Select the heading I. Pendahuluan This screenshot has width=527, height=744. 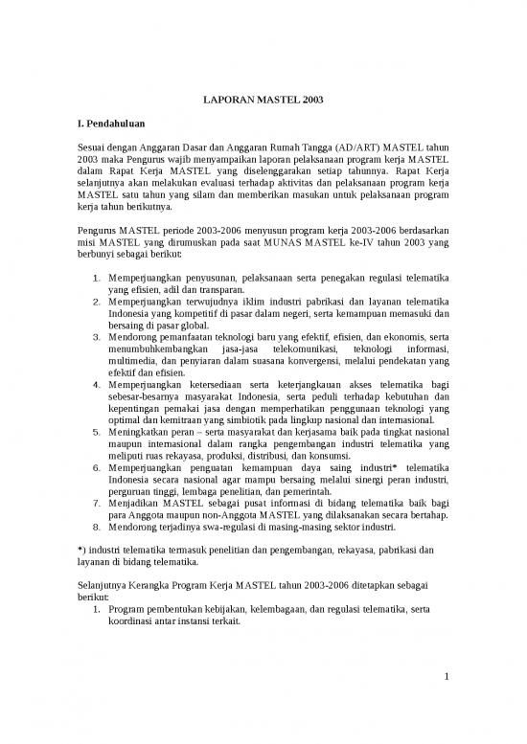[x=112, y=124]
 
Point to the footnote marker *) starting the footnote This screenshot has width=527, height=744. [x=80, y=551]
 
